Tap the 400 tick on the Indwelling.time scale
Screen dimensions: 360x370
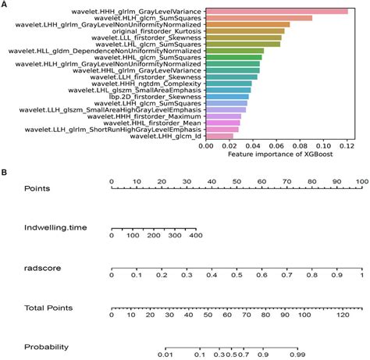[x=196, y=234]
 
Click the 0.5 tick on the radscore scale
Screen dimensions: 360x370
[x=237, y=275]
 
